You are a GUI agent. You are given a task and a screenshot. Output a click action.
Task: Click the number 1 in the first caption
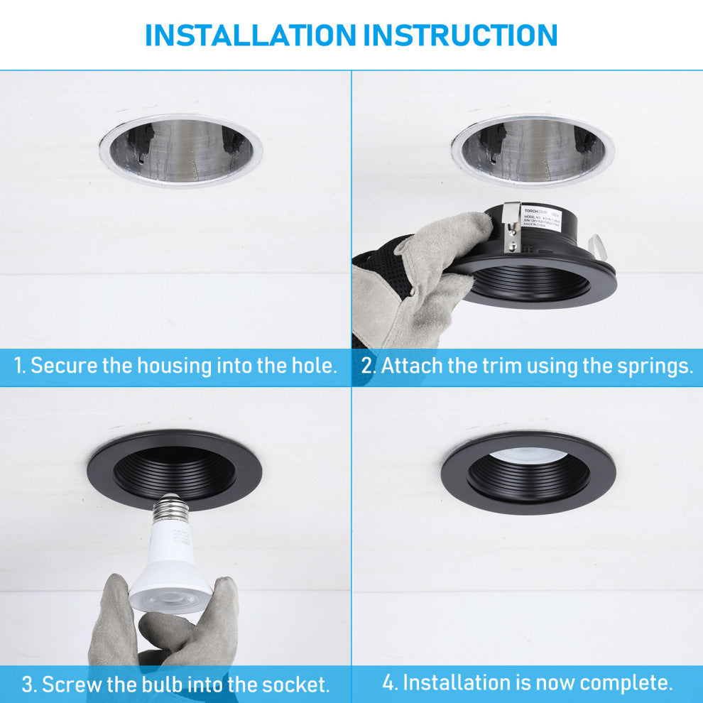click(19, 366)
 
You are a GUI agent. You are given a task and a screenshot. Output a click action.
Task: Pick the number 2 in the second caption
click(367, 366)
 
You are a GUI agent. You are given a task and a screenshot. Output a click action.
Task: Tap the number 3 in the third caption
click(28, 685)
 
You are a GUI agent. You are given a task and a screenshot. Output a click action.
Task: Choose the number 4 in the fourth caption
click(388, 683)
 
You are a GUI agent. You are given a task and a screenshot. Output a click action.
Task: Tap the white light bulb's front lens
click(171, 597)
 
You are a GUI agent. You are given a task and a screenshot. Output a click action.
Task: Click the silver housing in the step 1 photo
click(181, 150)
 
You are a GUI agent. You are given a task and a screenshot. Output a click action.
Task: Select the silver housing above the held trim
click(533, 150)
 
